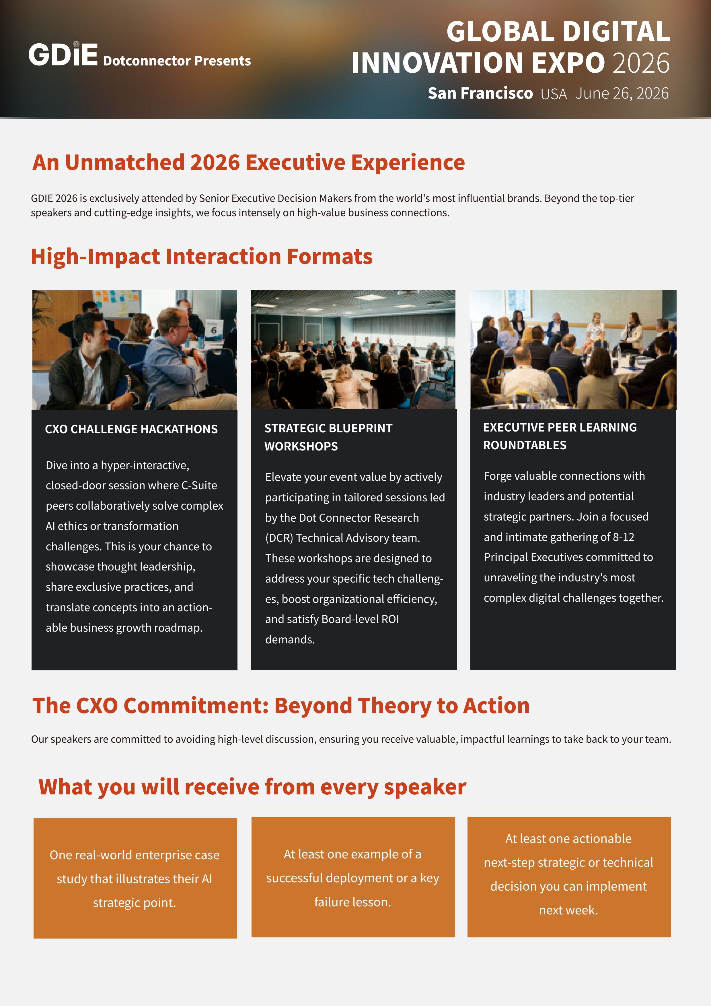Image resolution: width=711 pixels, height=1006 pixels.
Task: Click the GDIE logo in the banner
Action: pos(63,55)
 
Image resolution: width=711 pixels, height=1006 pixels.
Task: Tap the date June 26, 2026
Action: pos(622,93)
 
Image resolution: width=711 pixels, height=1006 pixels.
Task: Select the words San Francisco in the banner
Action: pos(480,93)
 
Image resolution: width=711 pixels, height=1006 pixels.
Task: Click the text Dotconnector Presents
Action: pos(177,61)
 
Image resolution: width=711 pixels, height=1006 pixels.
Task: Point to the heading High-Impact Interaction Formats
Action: pos(201,256)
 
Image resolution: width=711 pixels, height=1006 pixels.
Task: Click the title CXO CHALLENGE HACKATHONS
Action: pos(131,429)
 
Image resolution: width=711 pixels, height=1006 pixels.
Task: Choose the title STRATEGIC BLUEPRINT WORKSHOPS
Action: pos(328,437)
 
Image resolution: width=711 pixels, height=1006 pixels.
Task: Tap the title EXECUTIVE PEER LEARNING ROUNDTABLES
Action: pos(560,436)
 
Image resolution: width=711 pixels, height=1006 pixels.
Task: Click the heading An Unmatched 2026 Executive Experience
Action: pos(248,162)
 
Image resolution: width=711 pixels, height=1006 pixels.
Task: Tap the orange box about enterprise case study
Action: pos(135,878)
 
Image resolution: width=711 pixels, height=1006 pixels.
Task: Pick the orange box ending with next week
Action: pos(569,877)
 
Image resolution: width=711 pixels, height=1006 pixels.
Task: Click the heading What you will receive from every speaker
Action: pos(252,787)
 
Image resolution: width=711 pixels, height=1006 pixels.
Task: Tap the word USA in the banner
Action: pos(554,94)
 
